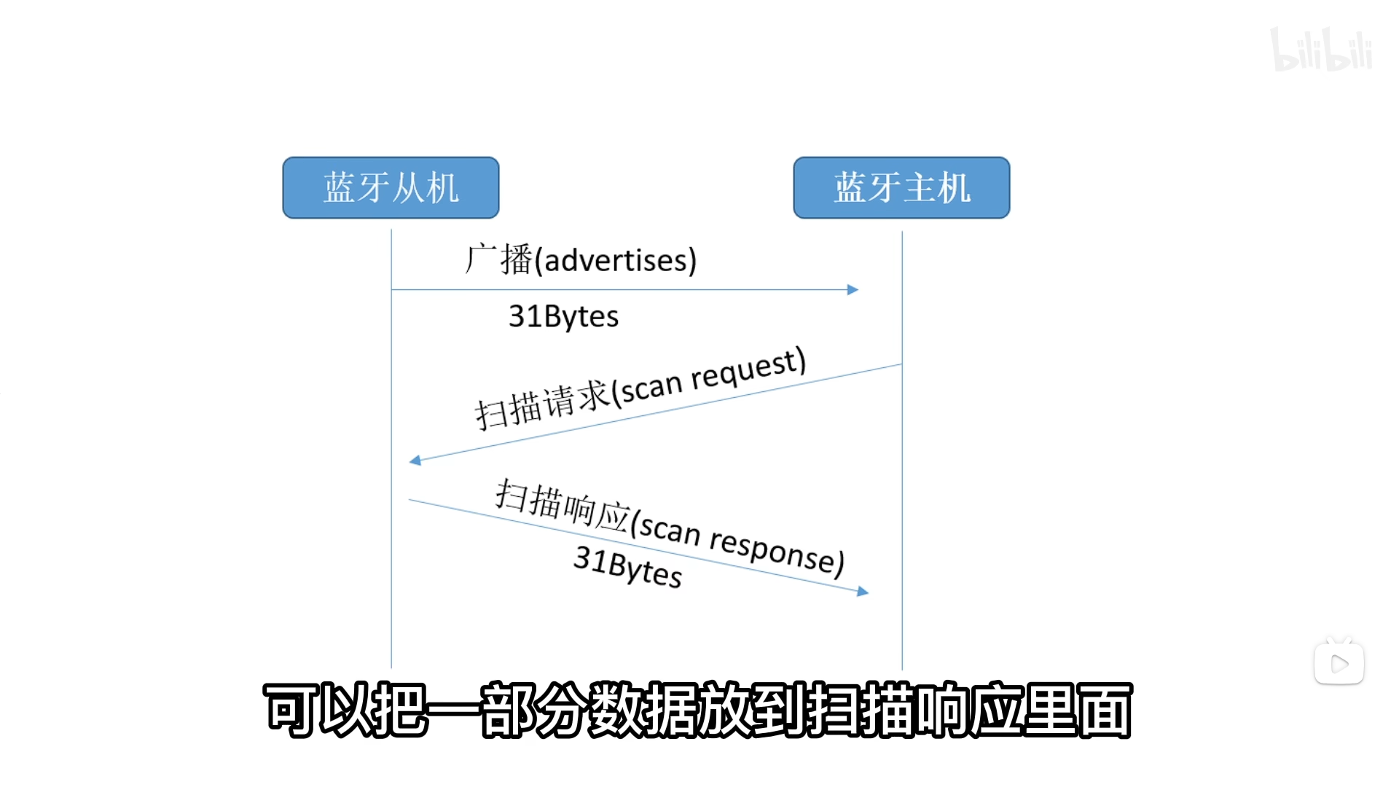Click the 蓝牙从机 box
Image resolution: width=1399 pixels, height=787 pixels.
point(391,187)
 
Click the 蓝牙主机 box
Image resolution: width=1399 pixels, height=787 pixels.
point(901,187)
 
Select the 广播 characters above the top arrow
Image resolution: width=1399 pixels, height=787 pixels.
point(499,259)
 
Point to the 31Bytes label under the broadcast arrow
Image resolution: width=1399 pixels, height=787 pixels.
point(563,316)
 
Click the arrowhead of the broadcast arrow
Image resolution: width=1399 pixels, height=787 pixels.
point(853,290)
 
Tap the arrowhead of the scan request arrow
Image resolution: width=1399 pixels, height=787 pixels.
point(415,460)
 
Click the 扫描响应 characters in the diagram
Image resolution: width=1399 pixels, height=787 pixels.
point(561,504)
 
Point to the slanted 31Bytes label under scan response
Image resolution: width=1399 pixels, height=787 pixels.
point(627,566)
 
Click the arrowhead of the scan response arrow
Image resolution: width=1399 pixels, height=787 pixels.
point(863,592)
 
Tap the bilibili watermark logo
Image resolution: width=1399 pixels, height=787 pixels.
point(1320,50)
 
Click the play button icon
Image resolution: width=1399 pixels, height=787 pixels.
point(1339,663)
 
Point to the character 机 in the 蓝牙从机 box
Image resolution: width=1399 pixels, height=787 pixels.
point(442,188)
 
